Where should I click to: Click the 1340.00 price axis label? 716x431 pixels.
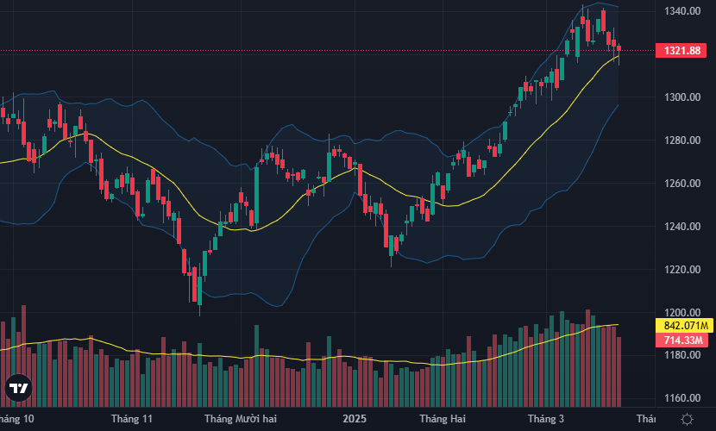pos(681,11)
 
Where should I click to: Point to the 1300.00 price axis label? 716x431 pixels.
pos(681,97)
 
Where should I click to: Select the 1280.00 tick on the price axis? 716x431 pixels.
pos(681,141)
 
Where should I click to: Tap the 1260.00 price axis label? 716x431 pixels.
pos(681,184)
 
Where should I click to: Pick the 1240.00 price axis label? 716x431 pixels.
pos(681,227)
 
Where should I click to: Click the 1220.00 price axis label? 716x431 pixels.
pos(681,270)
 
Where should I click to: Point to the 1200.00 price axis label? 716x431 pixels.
pos(681,313)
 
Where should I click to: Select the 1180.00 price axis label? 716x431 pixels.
pos(681,355)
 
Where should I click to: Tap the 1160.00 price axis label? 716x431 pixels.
pos(681,398)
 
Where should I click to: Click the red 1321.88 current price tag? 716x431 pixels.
pos(681,51)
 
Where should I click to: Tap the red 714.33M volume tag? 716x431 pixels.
pos(681,341)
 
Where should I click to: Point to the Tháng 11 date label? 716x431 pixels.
pos(131,419)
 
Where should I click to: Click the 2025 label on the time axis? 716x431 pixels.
pos(355,419)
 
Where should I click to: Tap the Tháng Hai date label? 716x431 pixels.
pos(440,419)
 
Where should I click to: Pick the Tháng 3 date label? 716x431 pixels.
pos(545,419)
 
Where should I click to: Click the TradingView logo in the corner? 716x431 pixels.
pos(18,390)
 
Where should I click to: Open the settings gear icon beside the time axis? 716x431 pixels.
pos(687,419)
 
